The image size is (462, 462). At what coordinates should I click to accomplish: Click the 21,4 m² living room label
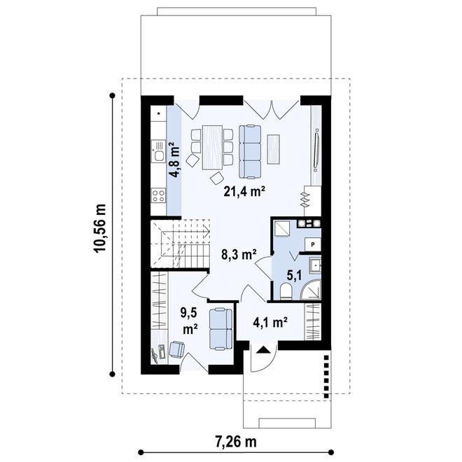click(x=244, y=192)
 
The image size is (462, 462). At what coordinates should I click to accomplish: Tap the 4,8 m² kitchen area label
click(x=175, y=160)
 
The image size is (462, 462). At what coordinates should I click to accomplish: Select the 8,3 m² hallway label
click(x=239, y=255)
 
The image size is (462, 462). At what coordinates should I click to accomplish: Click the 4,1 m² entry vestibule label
click(x=270, y=323)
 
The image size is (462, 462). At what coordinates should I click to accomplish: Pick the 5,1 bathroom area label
click(x=294, y=276)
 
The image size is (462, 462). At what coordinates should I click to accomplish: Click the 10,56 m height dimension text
click(x=99, y=227)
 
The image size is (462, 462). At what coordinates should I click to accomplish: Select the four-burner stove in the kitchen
click(x=158, y=195)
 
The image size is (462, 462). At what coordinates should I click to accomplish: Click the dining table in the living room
click(x=212, y=147)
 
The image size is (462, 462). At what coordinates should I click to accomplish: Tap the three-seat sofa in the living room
click(x=250, y=152)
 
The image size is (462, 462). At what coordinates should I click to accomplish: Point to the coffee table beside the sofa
click(x=274, y=149)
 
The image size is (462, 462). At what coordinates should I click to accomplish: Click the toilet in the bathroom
click(x=286, y=291)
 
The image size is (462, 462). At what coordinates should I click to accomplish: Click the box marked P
click(x=313, y=244)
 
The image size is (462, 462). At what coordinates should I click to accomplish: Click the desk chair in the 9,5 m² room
click(x=176, y=349)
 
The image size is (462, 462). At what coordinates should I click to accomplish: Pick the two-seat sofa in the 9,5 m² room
click(x=220, y=329)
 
